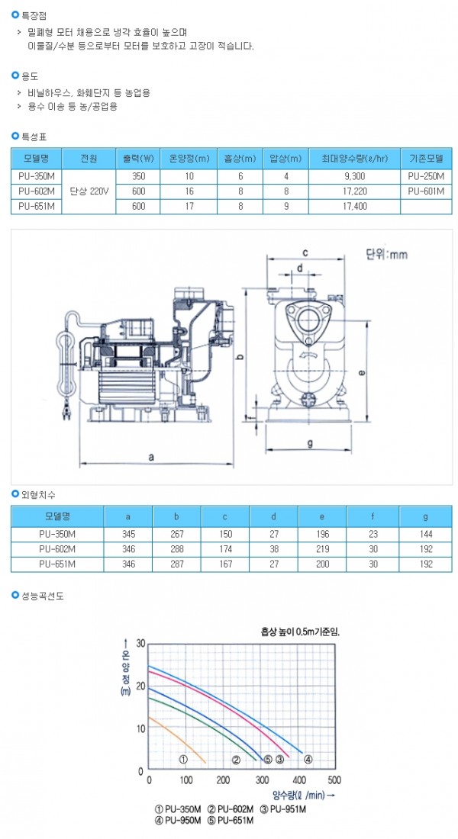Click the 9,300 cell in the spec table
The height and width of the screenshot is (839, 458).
354,176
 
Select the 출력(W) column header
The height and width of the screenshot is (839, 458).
138,159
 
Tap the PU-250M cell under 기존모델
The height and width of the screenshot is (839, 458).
426,176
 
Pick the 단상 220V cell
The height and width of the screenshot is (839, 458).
89,191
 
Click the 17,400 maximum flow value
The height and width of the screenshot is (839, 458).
354,206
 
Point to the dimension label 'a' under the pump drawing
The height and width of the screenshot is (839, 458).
152,457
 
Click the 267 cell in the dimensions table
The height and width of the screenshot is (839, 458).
176,533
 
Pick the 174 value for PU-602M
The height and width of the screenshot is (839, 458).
224,548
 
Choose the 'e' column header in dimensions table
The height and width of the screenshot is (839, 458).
322,517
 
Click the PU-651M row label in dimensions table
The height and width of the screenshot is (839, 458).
57,564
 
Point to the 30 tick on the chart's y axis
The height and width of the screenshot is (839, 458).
140,643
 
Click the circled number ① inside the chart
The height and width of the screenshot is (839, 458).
183,760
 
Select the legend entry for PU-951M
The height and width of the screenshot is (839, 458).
283,809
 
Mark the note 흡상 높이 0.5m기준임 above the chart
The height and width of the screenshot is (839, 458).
296,632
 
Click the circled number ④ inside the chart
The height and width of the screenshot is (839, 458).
308,760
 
